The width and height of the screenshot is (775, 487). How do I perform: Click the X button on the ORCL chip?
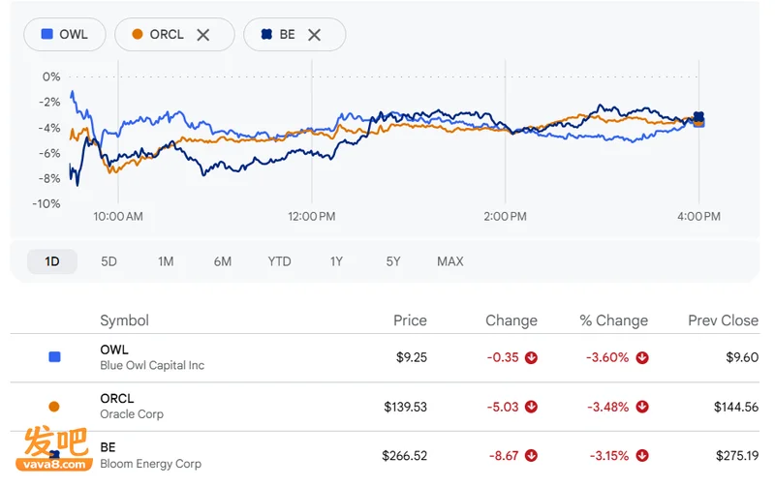[x=203, y=35]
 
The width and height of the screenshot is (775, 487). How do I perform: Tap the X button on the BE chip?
[x=314, y=35]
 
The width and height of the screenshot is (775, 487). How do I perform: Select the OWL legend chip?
[x=65, y=35]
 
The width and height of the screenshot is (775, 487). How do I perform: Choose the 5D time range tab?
[x=108, y=261]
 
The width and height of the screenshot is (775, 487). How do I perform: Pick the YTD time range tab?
[x=279, y=261]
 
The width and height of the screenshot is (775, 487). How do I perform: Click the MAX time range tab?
[x=450, y=261]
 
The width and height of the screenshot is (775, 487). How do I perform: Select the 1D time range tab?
[x=52, y=261]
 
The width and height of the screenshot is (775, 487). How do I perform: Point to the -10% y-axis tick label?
[x=46, y=203]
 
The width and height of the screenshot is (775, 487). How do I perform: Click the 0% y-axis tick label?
[x=51, y=76]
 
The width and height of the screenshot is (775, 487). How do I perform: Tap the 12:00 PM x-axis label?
[x=312, y=216]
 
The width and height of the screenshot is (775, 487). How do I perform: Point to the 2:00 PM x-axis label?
[x=505, y=216]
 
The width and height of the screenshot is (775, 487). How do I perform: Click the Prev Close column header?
[x=723, y=320]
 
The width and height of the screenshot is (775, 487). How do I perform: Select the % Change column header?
[x=614, y=320]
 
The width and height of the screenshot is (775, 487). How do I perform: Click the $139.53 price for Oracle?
[x=405, y=407]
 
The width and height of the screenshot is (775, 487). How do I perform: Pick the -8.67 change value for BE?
[x=504, y=455]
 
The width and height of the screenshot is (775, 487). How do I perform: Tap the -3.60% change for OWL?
[x=607, y=357]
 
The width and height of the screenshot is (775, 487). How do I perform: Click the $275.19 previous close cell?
[x=737, y=455]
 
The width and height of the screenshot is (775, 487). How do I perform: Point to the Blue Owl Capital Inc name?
[x=152, y=366]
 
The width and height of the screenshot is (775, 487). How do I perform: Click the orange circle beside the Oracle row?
[x=54, y=407]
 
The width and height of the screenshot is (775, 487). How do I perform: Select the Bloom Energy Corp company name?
[x=151, y=464]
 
